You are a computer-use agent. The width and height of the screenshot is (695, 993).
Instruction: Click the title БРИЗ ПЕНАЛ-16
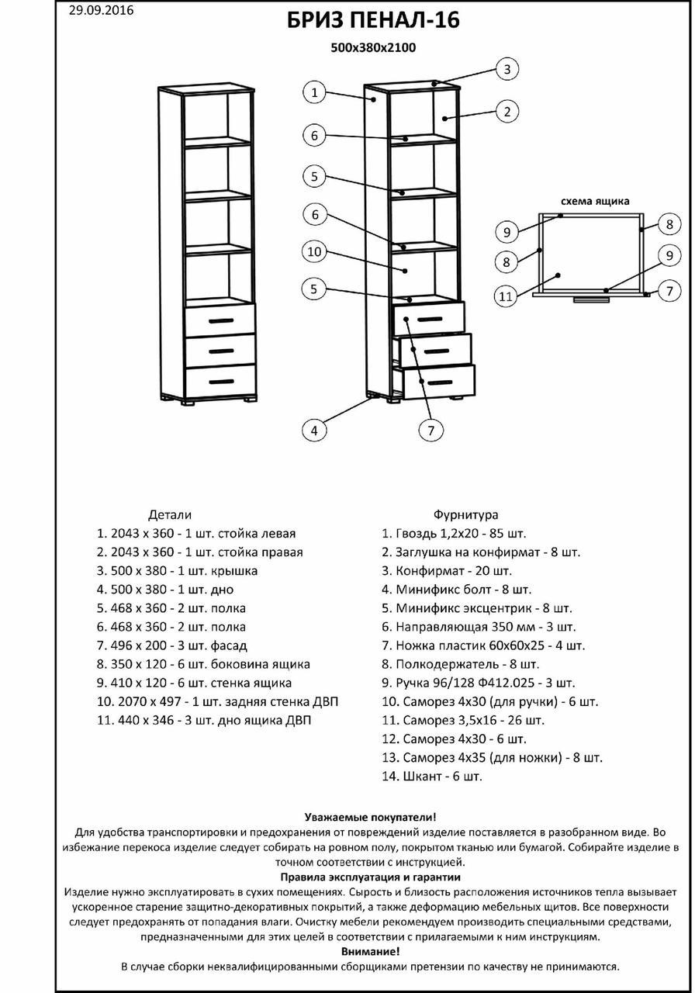(x=373, y=21)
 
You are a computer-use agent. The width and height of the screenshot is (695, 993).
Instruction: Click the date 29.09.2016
(x=101, y=10)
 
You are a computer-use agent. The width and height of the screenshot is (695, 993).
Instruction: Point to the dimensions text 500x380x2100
(x=373, y=48)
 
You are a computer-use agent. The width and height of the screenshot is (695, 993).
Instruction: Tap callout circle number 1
(x=314, y=92)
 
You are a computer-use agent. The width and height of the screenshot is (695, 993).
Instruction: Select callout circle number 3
(x=507, y=69)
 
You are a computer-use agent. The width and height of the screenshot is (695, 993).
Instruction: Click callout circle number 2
(x=507, y=112)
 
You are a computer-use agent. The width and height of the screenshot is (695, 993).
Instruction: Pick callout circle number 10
(x=314, y=252)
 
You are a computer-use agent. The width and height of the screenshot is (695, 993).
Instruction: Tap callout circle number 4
(x=314, y=431)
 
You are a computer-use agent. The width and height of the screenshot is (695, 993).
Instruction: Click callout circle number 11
(x=507, y=295)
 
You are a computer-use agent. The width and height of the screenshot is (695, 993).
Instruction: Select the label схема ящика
(x=590, y=200)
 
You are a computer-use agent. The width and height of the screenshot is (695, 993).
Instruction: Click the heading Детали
(x=169, y=514)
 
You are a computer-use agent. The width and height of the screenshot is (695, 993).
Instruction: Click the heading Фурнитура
(x=465, y=514)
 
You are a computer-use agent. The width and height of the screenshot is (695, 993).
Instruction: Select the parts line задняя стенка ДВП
(x=217, y=701)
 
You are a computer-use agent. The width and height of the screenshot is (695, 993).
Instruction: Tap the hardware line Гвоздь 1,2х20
(x=454, y=534)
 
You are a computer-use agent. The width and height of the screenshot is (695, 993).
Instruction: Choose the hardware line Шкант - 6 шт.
(x=431, y=776)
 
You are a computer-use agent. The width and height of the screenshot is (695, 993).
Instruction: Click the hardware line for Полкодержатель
(x=460, y=664)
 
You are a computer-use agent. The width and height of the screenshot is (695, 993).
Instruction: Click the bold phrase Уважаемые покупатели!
(x=371, y=817)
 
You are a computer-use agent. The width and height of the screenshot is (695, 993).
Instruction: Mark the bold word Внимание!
(x=371, y=950)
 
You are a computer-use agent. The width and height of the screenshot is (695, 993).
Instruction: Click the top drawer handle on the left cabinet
(x=220, y=320)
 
